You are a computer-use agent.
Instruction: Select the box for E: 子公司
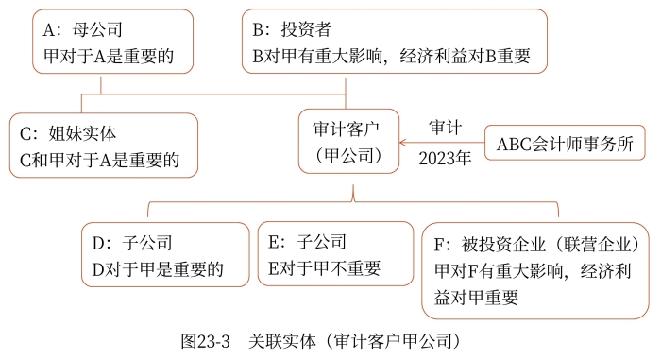coord(334,255)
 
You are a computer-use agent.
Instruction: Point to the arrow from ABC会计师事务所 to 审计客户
coord(442,145)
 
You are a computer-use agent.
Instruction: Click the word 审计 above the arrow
coord(445,128)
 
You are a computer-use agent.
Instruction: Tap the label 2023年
coord(445,160)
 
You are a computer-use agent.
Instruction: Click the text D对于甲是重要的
coord(158,268)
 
